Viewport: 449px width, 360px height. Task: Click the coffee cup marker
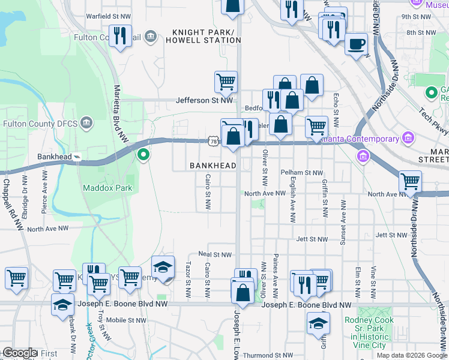coord(357,44)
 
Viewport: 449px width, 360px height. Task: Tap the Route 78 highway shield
coord(214,140)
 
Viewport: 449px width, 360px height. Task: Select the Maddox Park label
coord(107,188)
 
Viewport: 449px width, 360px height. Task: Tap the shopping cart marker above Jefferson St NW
coord(226,81)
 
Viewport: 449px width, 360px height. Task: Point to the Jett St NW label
coord(312,239)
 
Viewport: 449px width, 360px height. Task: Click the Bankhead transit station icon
coord(77,157)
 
